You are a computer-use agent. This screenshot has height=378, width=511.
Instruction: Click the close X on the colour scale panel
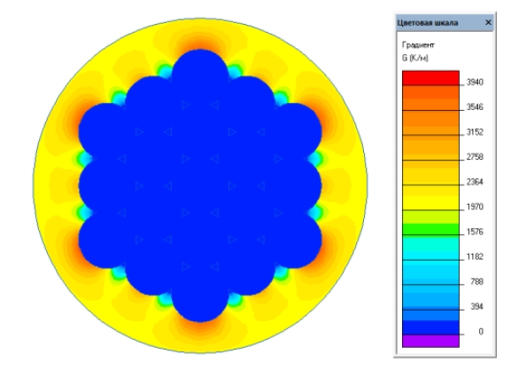click(488, 22)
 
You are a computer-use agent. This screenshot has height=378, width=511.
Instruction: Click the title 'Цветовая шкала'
click(428, 23)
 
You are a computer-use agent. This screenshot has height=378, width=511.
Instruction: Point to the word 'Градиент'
click(418, 44)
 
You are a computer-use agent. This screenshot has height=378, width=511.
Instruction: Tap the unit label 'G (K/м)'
click(414, 58)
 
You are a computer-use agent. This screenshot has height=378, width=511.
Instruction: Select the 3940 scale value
click(475, 83)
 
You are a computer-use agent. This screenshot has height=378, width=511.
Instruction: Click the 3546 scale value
click(475, 107)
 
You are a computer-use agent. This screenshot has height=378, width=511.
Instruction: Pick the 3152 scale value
click(475, 132)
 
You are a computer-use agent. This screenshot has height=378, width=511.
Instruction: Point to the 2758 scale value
click(475, 157)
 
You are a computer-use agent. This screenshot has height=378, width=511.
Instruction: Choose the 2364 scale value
click(475, 182)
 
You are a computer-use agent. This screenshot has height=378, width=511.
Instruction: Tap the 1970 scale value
click(475, 207)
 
